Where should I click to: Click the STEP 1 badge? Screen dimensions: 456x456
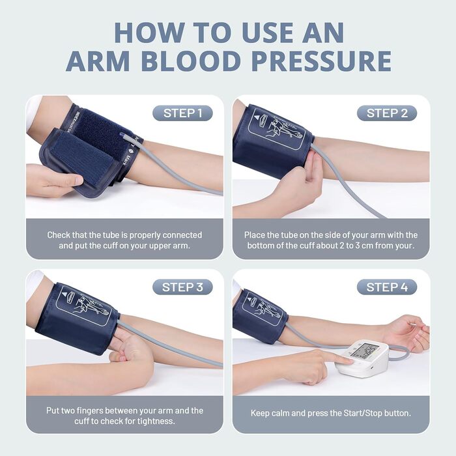coord(182,113)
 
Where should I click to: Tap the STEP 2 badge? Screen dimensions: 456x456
coord(387,113)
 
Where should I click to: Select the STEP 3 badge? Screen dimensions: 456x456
coord(182,287)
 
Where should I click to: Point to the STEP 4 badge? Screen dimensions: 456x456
coord(387,287)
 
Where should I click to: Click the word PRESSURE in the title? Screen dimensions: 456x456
coord(321,61)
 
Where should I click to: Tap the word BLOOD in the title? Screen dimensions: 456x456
coord(190,61)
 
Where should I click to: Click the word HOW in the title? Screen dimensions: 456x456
coord(149,33)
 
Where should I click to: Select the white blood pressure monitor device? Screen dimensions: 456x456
coord(362,357)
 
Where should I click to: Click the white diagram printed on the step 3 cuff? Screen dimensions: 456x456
coord(83,306)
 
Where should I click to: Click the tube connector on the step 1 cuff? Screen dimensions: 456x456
coord(126,137)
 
